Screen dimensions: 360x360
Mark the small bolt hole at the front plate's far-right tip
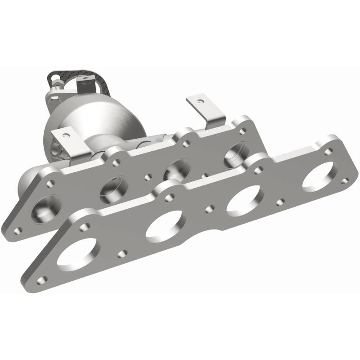tap(345, 180)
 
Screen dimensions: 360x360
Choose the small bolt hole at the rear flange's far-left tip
tap(18, 230)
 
